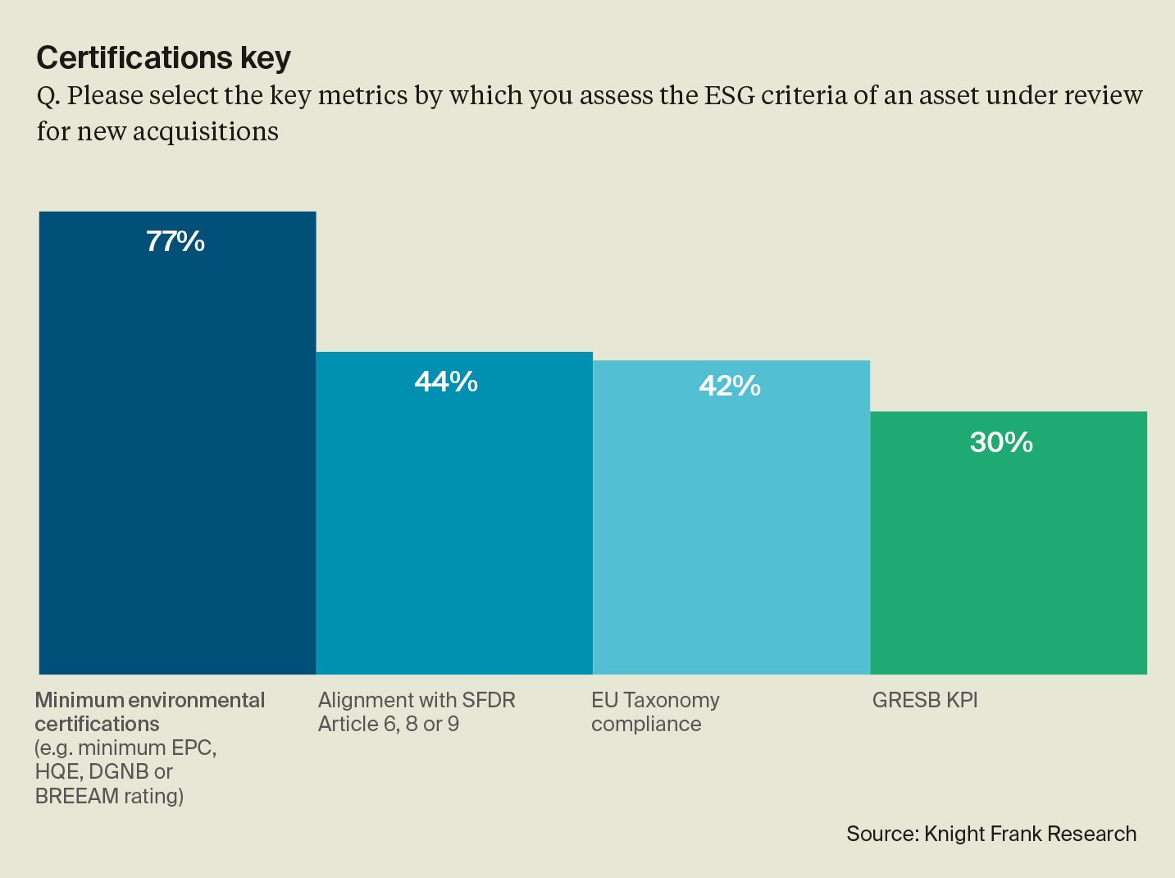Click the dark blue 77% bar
click(177, 460)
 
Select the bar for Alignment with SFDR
click(454, 525)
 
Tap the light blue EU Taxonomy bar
click(731, 533)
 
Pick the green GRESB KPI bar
click(1009, 558)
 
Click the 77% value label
click(175, 241)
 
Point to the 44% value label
click(446, 382)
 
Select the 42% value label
click(730, 386)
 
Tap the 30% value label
click(1001, 442)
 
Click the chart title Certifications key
click(164, 57)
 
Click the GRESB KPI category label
click(925, 700)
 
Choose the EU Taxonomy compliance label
click(655, 711)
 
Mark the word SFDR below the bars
click(489, 700)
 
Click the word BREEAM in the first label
click(77, 796)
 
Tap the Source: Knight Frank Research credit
click(991, 834)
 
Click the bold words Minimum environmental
click(150, 700)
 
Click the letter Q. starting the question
click(48, 96)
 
